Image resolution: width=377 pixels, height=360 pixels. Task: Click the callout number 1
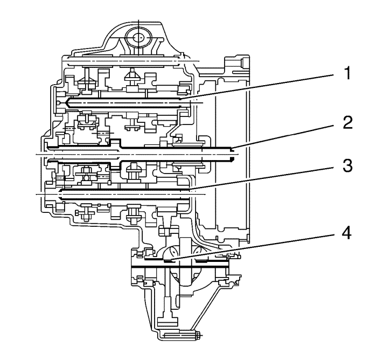347,73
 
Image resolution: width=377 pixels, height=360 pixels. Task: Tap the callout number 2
348,122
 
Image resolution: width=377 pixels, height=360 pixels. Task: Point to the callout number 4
347,233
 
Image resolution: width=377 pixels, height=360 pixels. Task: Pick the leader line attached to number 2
282,136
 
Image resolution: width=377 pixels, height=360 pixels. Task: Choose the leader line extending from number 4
252,247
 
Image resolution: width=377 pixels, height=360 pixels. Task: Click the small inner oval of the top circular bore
138,38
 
